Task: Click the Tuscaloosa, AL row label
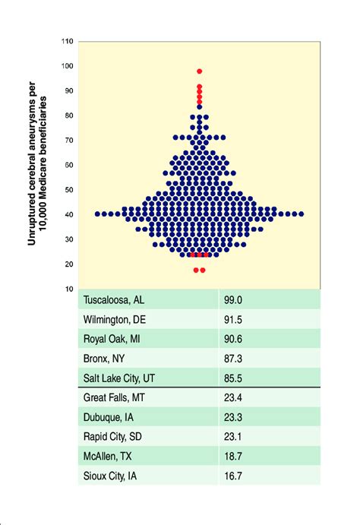tap(114, 300)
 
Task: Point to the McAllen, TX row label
tap(109, 457)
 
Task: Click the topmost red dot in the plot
tap(199, 71)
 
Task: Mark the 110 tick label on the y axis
tap(67, 42)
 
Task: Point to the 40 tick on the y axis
tap(69, 215)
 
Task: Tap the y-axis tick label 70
tap(69, 141)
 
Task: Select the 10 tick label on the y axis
tap(69, 289)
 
